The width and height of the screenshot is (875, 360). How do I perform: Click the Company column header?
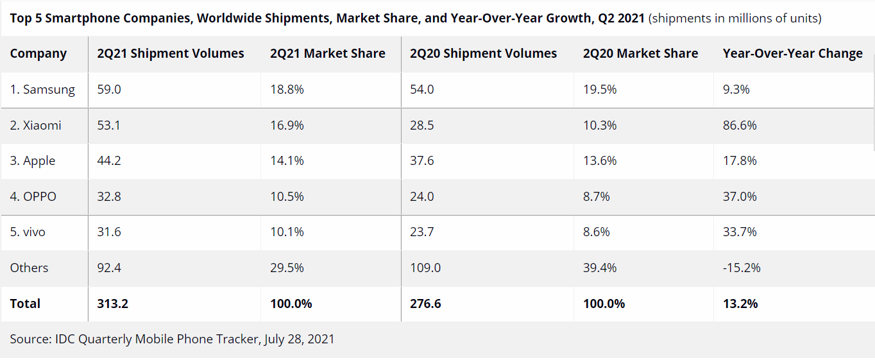38,54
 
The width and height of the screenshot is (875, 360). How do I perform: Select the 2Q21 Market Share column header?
328,54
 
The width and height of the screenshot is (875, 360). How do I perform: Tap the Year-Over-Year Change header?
792,54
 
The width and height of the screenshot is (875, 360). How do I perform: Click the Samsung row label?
42,90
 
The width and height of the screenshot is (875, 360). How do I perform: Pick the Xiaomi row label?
36,126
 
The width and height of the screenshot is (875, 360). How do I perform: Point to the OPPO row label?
33,196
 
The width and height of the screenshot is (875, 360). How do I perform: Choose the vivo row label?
28,232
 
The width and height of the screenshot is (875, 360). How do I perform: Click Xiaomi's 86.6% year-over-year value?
740,126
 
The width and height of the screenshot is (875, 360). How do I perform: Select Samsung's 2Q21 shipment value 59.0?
109,90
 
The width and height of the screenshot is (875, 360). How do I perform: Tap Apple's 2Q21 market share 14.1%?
287,161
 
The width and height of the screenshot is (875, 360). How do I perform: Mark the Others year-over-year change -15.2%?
742,268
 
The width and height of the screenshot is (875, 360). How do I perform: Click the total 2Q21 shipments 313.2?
113,304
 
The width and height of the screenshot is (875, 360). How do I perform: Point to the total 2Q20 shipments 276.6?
425,304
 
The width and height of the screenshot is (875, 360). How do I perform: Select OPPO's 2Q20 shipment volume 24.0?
422,196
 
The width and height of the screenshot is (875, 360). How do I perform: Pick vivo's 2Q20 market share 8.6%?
597,232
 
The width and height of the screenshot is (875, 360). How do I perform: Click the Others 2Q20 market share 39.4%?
600,268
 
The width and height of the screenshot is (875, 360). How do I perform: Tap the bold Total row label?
25,304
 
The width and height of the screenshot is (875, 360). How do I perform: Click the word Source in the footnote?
29,339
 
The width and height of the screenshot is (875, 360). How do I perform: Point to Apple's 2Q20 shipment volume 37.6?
422,161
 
